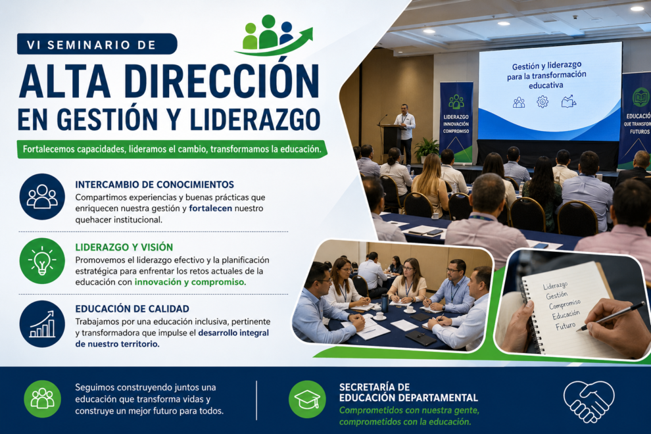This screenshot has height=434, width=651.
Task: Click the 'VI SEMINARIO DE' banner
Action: [97, 44]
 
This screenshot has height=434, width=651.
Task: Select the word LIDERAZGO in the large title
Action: [255, 119]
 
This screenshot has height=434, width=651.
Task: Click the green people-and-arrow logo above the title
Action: [273, 35]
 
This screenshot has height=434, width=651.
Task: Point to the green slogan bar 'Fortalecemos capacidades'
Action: [172, 149]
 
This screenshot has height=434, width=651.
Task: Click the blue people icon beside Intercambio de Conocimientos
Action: [42, 197]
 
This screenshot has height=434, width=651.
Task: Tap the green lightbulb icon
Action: [42, 261]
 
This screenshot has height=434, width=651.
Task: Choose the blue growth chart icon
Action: [42, 324]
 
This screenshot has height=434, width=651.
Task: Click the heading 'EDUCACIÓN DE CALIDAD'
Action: [132, 308]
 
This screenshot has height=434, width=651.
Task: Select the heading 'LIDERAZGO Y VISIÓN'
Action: [124, 247]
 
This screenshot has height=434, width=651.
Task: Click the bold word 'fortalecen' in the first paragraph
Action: [210, 208]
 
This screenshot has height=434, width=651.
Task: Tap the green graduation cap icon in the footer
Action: [307, 399]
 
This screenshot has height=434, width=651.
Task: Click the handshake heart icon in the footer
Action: [589, 401]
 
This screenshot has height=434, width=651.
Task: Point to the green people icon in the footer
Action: [42, 399]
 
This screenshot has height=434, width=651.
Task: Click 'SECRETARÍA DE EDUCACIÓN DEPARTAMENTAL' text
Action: [408, 393]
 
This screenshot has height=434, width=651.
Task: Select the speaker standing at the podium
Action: [405, 132]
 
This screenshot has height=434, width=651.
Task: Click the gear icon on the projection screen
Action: [542, 102]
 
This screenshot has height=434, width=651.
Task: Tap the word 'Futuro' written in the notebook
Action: [566, 325]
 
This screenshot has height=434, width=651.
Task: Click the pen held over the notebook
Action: [613, 316]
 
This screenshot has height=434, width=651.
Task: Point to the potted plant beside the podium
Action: [426, 150]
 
